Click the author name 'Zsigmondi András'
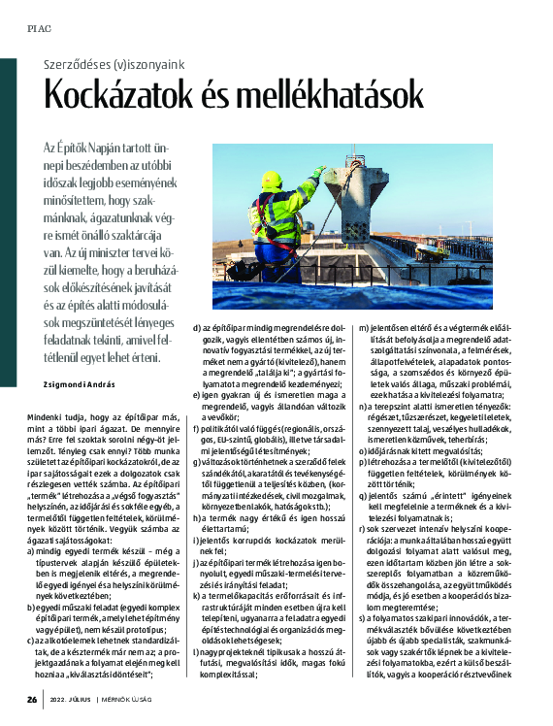point(75,383)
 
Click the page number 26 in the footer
point(32,699)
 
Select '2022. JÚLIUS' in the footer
point(78,699)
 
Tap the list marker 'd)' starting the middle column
point(198,328)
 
